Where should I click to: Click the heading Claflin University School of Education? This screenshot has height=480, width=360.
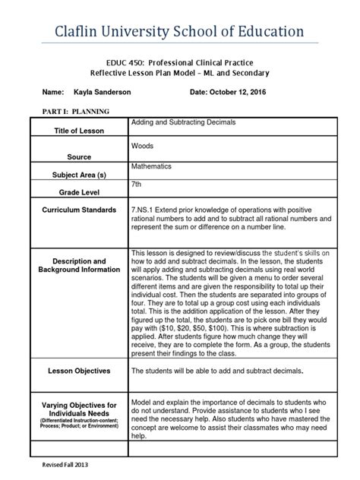pyautogui.click(x=179, y=31)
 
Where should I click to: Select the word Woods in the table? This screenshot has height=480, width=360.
pyautogui.click(x=143, y=144)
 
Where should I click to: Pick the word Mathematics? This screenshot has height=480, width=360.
pyautogui.click(x=151, y=166)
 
